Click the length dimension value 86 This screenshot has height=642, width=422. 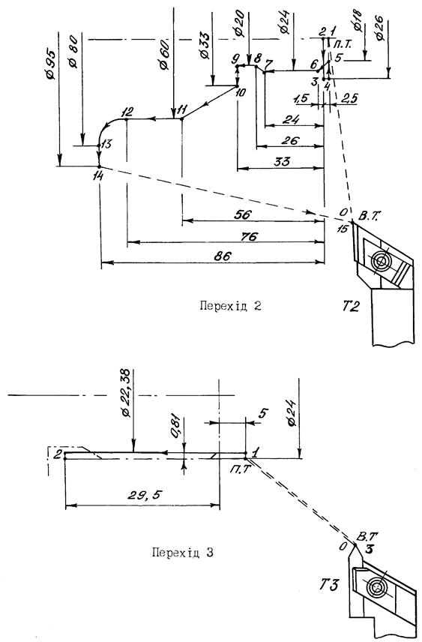pos(223,256)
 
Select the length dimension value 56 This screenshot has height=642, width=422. pos(243,214)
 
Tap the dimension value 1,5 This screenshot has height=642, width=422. pos(301,99)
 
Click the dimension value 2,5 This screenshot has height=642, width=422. pos(349,98)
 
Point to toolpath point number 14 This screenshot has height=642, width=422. pos(98,175)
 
